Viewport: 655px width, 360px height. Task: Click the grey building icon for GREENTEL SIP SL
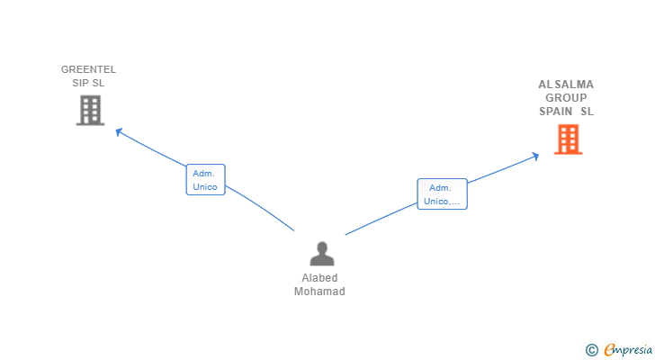[90, 110]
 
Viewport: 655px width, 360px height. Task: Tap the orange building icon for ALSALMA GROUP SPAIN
[568, 139]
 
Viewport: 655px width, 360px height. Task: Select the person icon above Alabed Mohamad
[321, 255]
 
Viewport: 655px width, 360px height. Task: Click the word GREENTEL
[88, 69]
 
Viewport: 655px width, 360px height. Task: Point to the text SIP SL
[88, 83]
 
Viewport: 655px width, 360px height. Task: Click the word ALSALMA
[566, 85]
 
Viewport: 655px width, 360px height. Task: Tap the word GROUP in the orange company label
[566, 98]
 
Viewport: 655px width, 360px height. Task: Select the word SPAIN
[556, 112]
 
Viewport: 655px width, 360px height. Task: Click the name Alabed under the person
[320, 278]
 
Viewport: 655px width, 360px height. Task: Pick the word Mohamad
[319, 292]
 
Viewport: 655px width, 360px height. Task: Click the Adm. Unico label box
[205, 180]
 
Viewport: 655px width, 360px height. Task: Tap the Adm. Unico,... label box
[442, 194]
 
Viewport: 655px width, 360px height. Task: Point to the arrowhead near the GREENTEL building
[118, 131]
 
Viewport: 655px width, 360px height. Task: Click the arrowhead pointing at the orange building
[535, 156]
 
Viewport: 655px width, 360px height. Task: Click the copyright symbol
[591, 350]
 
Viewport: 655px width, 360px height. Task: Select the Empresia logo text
[626, 350]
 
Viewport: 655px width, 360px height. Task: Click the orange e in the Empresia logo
[609, 350]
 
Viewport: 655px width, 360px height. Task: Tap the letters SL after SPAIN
[587, 112]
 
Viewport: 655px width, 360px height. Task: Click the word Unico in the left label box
[205, 187]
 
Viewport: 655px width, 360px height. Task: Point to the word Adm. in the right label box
[440, 187]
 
